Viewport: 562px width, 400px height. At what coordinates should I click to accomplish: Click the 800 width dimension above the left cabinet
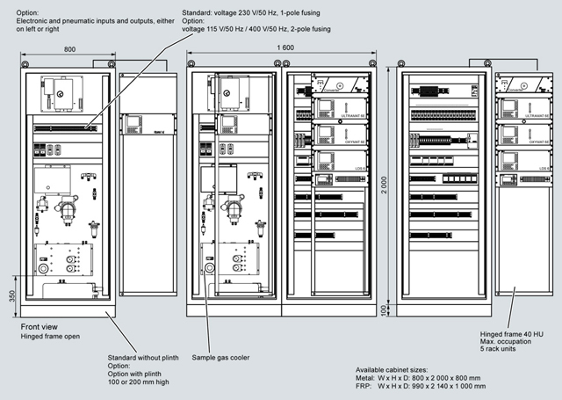pyautogui.click(x=68, y=49)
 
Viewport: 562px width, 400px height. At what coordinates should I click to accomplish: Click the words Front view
pyautogui.click(x=39, y=326)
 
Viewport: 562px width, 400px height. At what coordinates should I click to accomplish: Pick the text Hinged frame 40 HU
pyautogui.click(x=514, y=335)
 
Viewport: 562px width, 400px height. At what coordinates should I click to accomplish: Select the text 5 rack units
pyautogui.click(x=502, y=353)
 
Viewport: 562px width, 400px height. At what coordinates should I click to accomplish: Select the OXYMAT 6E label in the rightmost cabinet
pyautogui.click(x=537, y=142)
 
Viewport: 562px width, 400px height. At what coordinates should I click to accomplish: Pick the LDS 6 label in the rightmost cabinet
pyautogui.click(x=544, y=167)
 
